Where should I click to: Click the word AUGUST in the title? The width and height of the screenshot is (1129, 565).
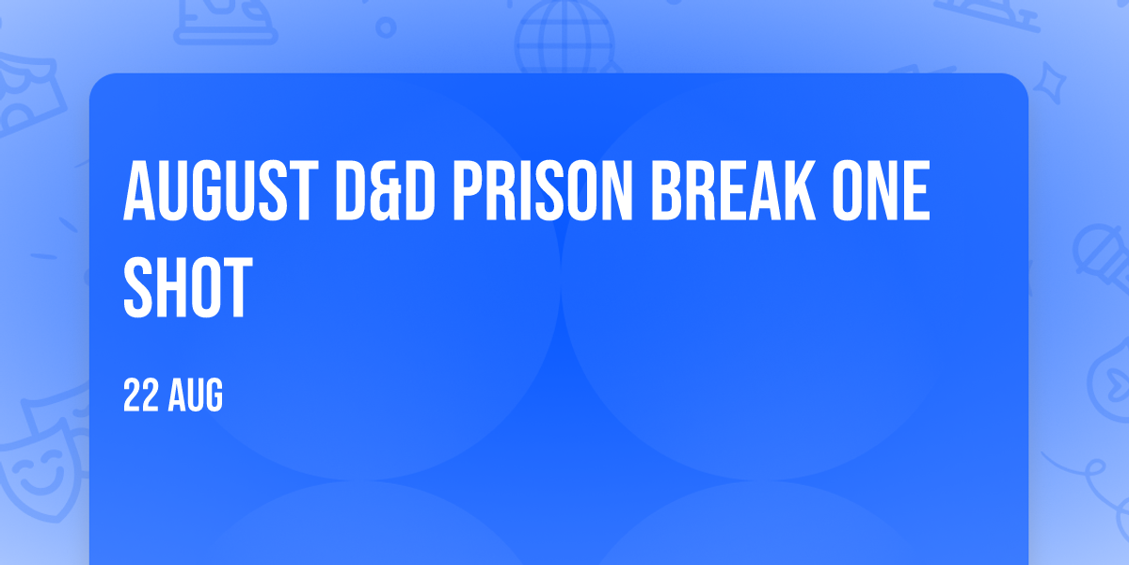coord(221,190)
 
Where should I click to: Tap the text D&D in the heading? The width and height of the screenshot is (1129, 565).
coord(386,190)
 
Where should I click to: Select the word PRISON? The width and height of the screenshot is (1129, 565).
coord(543,190)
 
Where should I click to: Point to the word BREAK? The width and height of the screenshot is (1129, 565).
coord(733,190)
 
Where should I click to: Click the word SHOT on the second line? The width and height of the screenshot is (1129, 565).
coord(187,287)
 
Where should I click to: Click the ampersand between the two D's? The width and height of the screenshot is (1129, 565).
coord(386,191)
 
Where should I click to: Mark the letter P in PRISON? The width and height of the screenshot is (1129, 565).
coord(469,190)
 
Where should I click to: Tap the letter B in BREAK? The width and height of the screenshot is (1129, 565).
coord(668,190)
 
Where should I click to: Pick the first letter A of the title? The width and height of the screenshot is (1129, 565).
coord(139,190)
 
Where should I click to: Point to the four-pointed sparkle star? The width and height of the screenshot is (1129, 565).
coord(1049,83)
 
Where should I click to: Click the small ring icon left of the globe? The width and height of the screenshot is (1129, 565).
coord(386,27)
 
